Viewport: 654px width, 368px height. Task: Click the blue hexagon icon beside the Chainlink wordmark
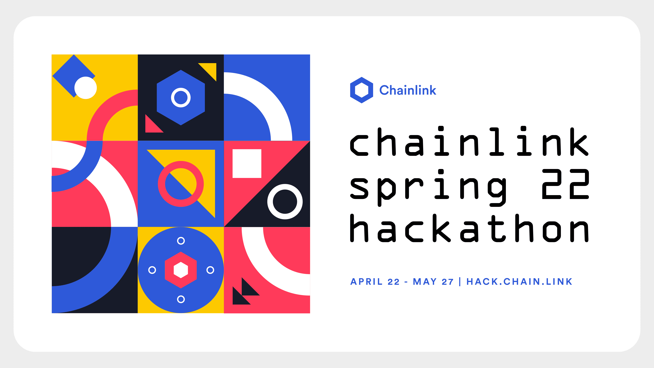click(x=361, y=90)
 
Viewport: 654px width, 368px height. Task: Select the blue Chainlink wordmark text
click(x=408, y=90)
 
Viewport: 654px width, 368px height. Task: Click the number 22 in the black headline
click(x=565, y=184)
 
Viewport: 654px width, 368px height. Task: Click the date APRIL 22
click(x=375, y=282)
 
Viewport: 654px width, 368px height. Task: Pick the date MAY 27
click(x=433, y=282)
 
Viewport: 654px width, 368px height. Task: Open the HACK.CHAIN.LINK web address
click(x=519, y=282)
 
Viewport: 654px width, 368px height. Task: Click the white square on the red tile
click(x=247, y=164)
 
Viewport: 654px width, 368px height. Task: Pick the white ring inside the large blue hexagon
click(x=181, y=97)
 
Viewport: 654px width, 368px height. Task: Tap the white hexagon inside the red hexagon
click(x=181, y=270)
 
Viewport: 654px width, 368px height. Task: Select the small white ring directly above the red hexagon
click(x=181, y=241)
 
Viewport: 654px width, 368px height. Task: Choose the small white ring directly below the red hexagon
click(x=181, y=299)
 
